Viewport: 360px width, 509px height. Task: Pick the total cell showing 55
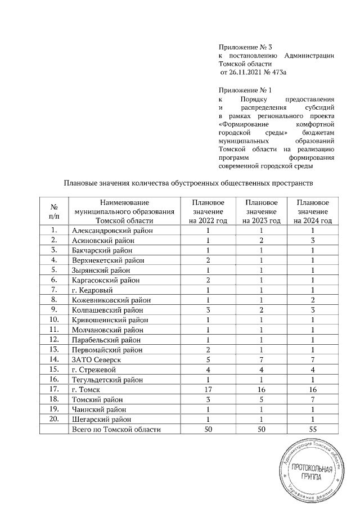click(x=313, y=429)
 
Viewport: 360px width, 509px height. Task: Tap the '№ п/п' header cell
click(x=55, y=211)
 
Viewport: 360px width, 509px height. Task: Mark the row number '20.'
click(x=55, y=419)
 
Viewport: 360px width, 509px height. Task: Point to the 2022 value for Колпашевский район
click(x=208, y=309)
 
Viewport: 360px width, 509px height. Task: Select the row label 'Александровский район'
click(x=113, y=230)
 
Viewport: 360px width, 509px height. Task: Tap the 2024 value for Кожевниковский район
click(x=313, y=299)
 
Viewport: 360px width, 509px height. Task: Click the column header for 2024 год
click(x=313, y=211)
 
